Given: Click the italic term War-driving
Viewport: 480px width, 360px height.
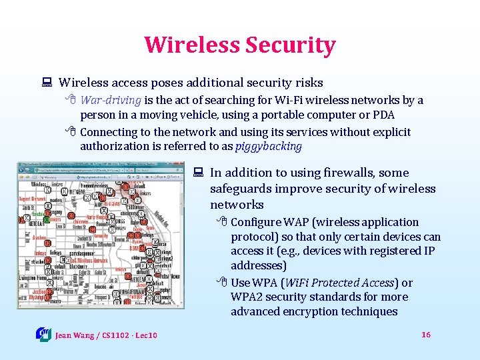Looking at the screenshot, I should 111,101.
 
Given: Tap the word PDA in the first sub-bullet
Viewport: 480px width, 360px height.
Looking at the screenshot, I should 384,115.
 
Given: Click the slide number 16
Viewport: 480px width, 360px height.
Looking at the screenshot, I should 426,334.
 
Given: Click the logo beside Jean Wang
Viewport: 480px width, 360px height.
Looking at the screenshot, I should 43,334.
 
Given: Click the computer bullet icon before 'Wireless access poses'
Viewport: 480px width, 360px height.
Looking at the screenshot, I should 47,83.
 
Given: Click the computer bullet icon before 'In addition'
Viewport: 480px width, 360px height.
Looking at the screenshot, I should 198,173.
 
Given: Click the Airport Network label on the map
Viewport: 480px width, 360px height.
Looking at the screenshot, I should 33,199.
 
